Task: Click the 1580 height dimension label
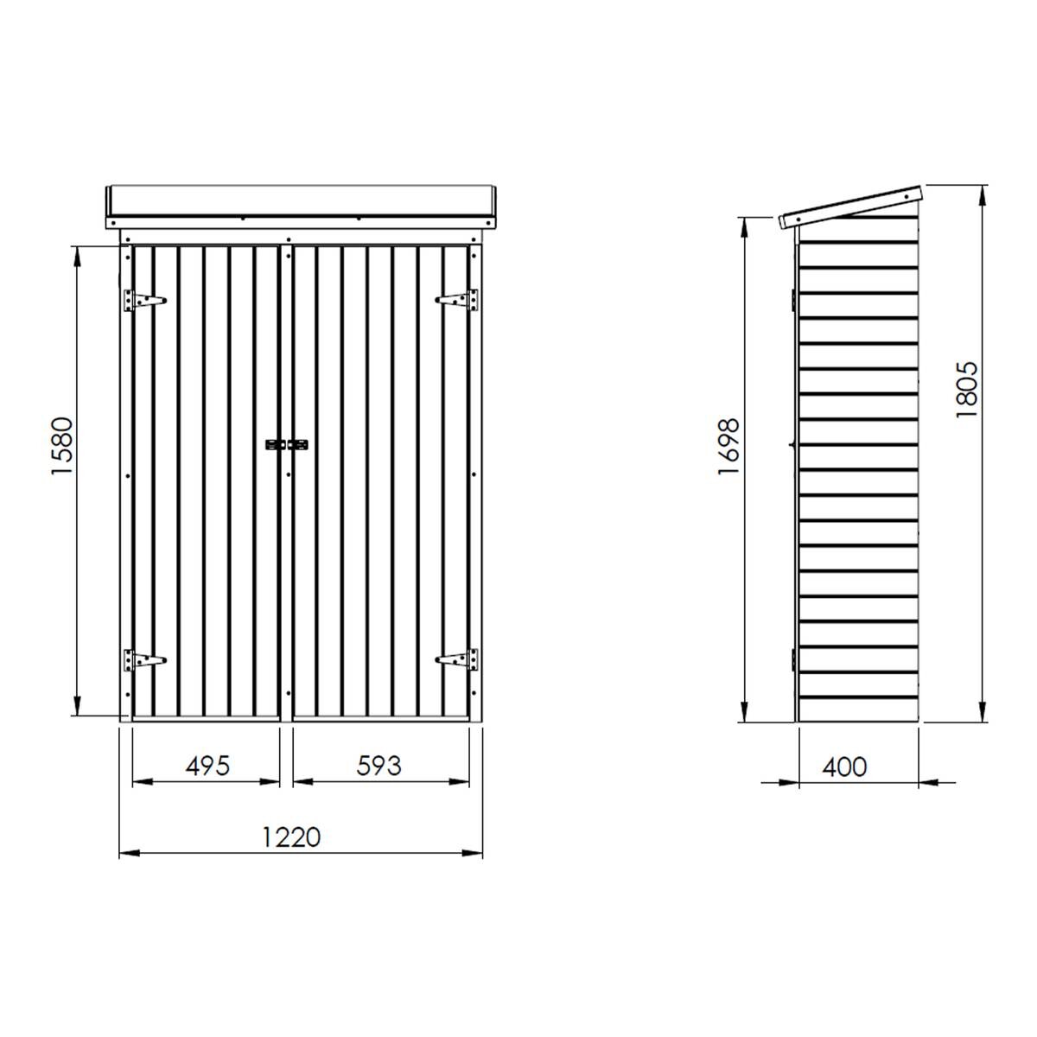click(64, 448)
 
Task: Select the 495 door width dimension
click(207, 766)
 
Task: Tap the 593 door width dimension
click(378, 766)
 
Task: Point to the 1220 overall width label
click(291, 837)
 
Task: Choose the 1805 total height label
click(967, 390)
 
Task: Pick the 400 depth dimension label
click(844, 767)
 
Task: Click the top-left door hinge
click(143, 300)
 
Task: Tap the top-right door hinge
click(458, 300)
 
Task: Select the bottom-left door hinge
click(143, 660)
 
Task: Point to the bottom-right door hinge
click(458, 660)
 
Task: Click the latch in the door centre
click(287, 445)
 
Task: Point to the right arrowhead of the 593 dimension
click(461, 782)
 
